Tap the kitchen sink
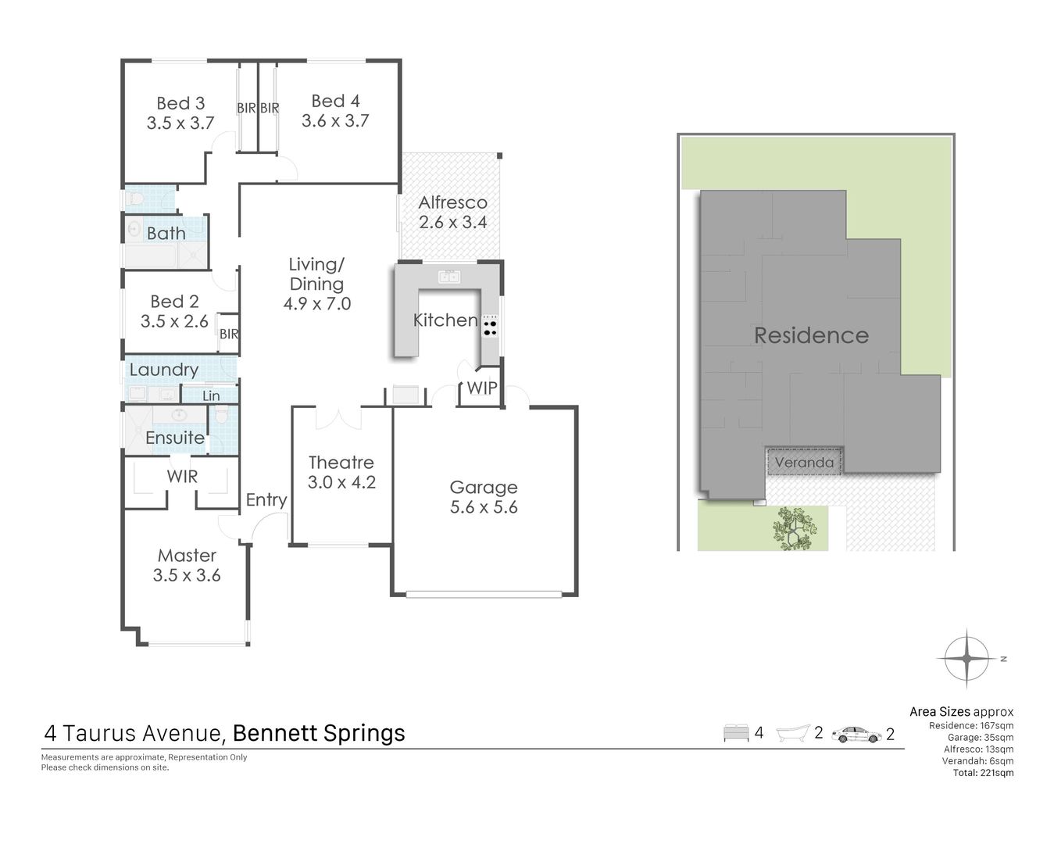click(x=448, y=277)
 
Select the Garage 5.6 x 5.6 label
click(x=484, y=497)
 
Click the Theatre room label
click(x=341, y=472)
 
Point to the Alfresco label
click(x=453, y=212)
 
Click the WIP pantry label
click(x=482, y=388)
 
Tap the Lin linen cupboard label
click(x=211, y=395)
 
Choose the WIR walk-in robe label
click(x=182, y=477)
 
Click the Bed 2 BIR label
click(x=229, y=334)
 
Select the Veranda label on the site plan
click(x=804, y=462)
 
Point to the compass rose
click(x=966, y=659)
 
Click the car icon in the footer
click(x=856, y=735)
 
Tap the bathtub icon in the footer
click(x=793, y=733)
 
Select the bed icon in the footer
click(x=736, y=733)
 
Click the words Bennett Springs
click(x=319, y=733)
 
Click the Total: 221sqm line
click(x=983, y=773)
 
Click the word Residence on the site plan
click(x=811, y=335)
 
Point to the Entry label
click(x=266, y=500)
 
